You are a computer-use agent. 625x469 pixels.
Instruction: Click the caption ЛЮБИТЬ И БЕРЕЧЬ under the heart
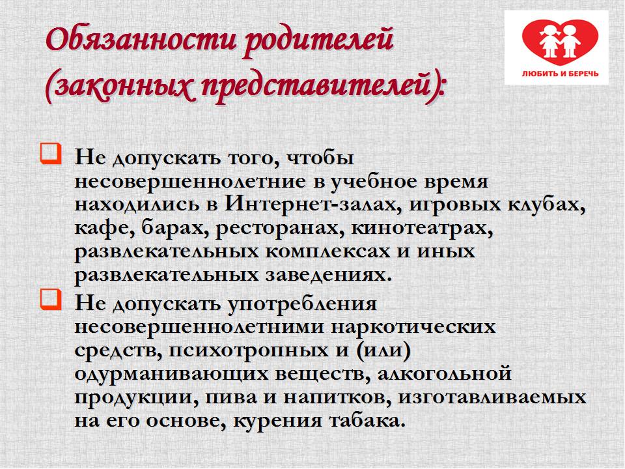click(x=560, y=74)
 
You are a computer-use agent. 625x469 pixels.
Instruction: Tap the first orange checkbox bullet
click(x=51, y=154)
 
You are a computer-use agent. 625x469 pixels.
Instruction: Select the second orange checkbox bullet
click(x=51, y=300)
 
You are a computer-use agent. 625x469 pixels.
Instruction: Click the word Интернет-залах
click(x=313, y=204)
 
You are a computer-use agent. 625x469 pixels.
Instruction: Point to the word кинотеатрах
click(x=422, y=228)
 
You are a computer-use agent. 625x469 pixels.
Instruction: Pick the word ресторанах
click(x=280, y=229)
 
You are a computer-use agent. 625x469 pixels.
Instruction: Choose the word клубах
click(x=546, y=204)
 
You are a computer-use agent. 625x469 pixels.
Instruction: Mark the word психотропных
click(x=243, y=351)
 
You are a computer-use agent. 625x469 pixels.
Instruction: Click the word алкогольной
click(x=444, y=374)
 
